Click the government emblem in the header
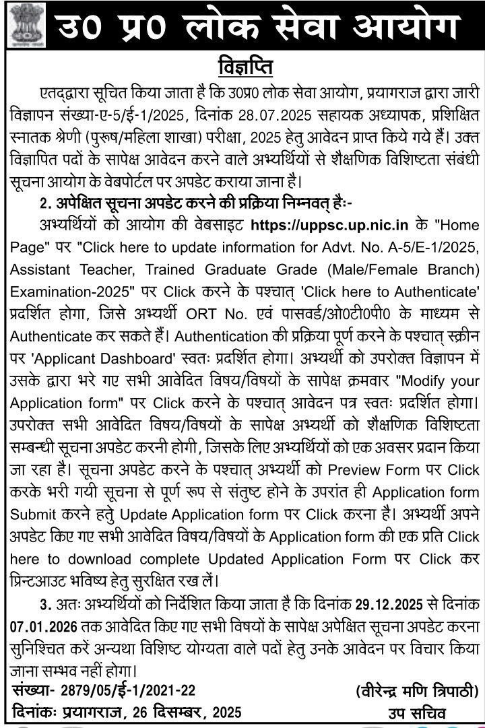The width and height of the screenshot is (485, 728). (x=25, y=26)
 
